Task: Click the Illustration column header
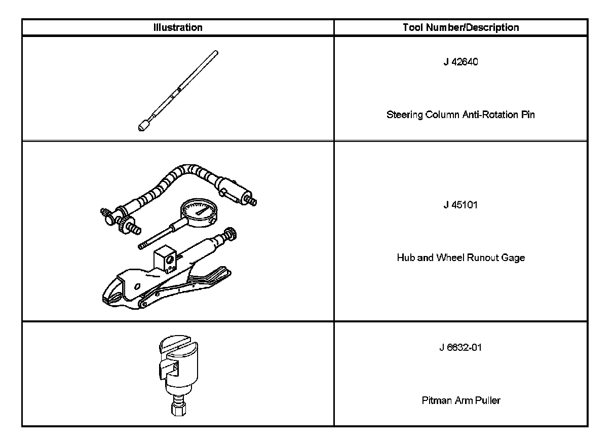(177, 27)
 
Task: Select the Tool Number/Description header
(460, 27)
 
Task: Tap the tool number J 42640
(460, 63)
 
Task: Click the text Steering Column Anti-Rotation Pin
(460, 115)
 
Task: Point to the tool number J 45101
(460, 205)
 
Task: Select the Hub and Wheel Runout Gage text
(460, 258)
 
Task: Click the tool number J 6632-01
(460, 348)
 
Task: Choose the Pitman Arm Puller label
(460, 400)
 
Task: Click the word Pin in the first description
(528, 115)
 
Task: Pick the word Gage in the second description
(514, 258)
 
